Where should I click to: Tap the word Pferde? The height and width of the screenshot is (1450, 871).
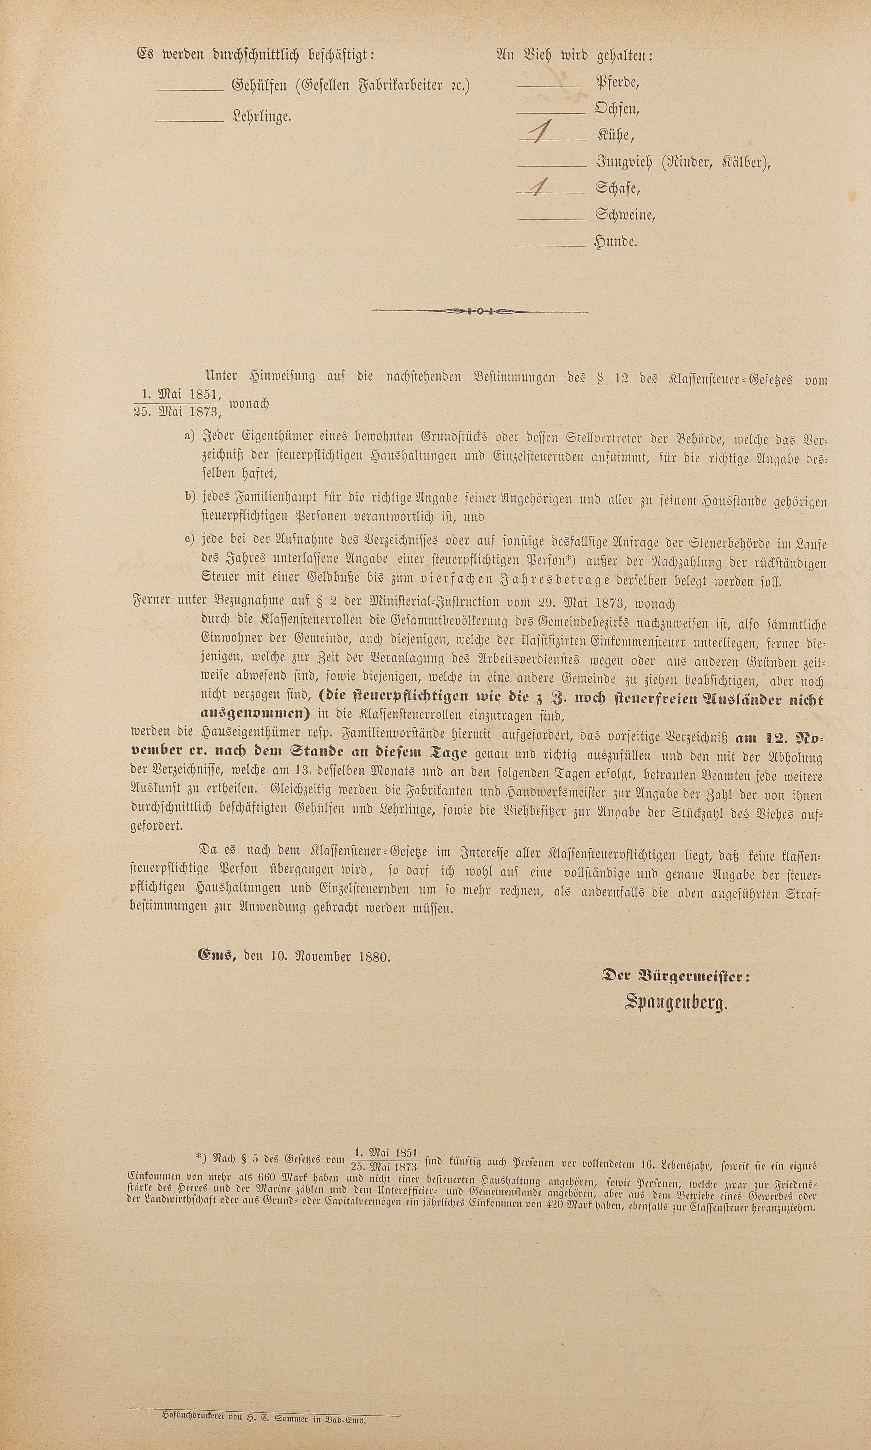[617, 82]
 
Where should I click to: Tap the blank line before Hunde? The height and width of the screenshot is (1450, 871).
[549, 245]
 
